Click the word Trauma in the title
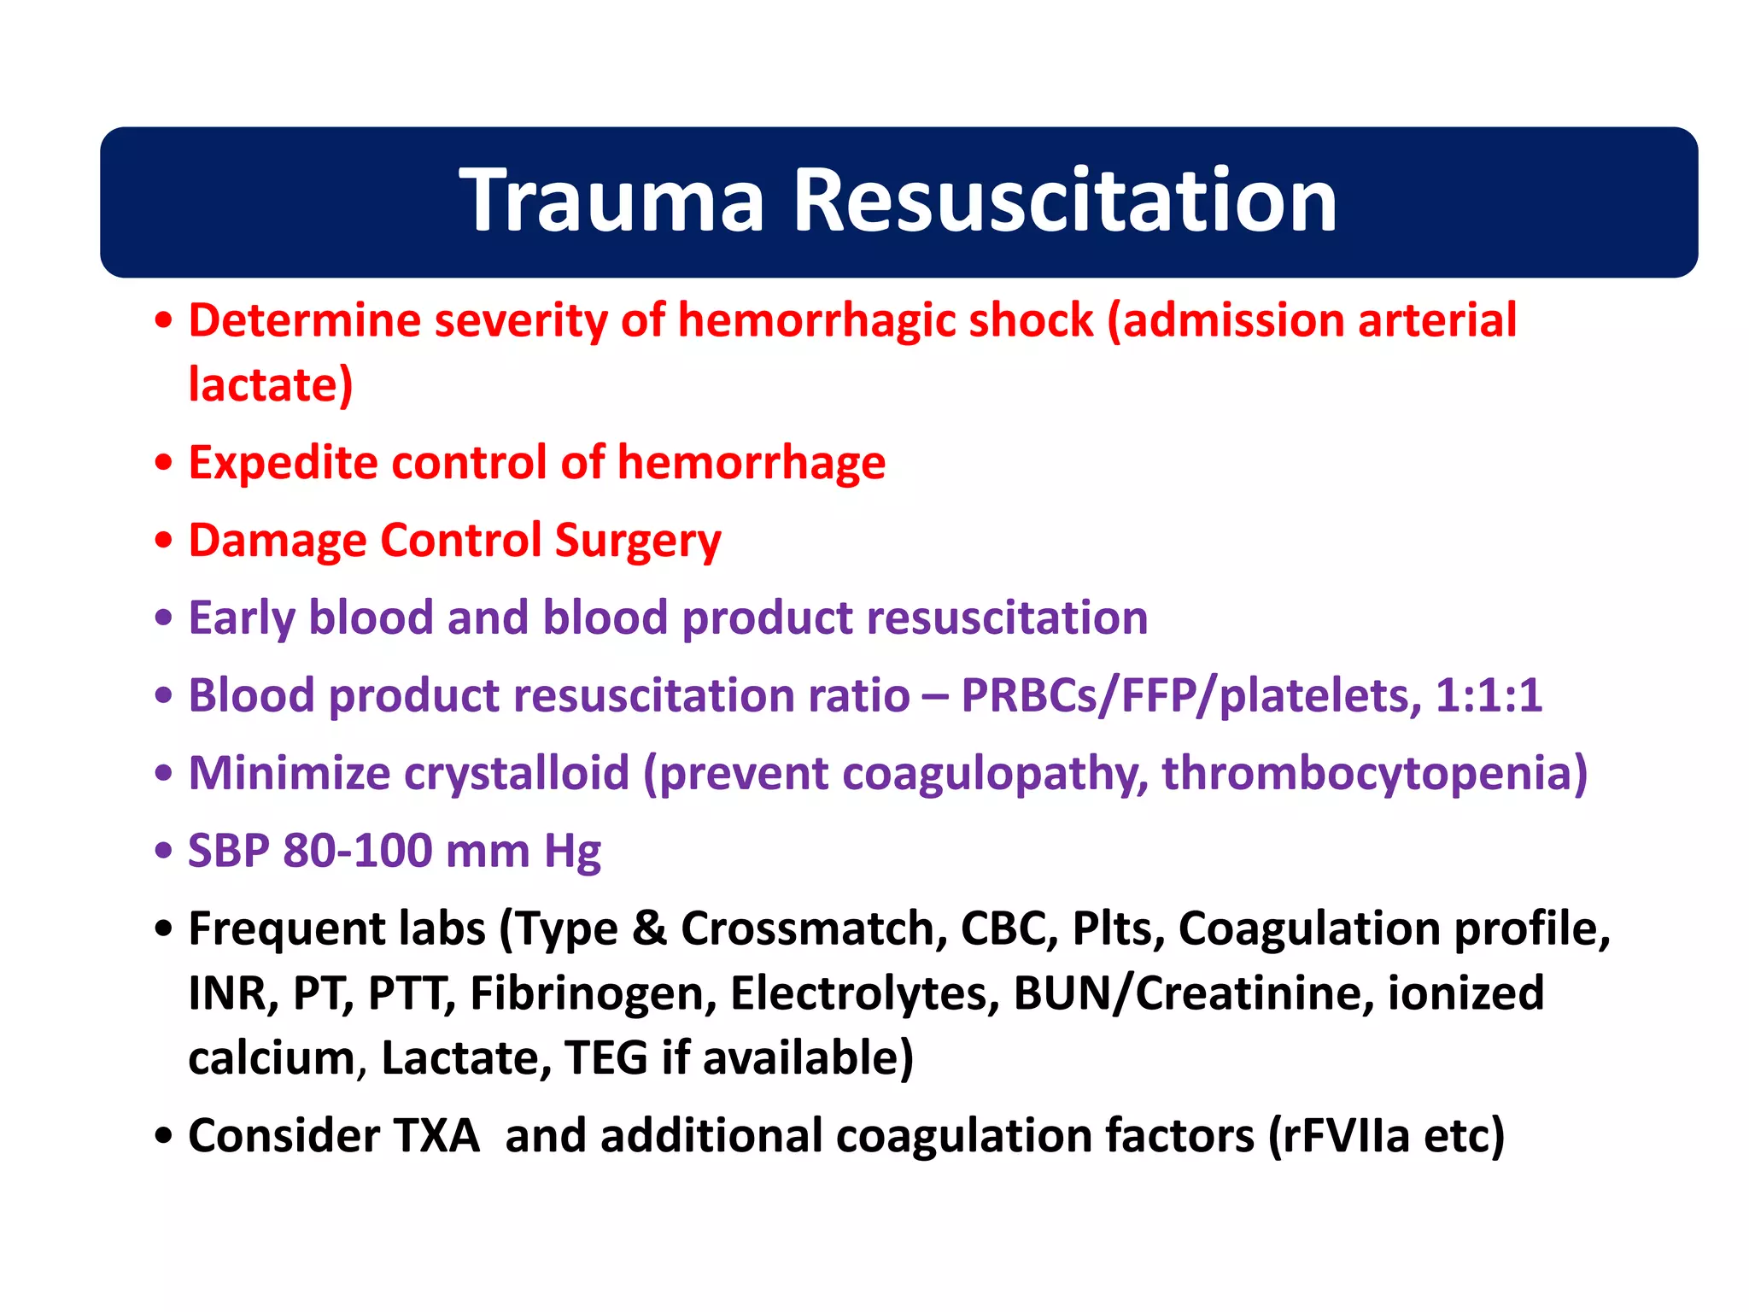[611, 201]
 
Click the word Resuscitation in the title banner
[1065, 201]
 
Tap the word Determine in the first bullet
[305, 320]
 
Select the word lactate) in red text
[271, 385]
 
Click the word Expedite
[283, 464]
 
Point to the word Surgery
[638, 542]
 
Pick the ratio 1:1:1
[1489, 695]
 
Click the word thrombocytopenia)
[1374, 773]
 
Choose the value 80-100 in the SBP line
[357, 851]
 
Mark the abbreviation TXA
[436, 1136]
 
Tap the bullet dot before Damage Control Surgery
[164, 541]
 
